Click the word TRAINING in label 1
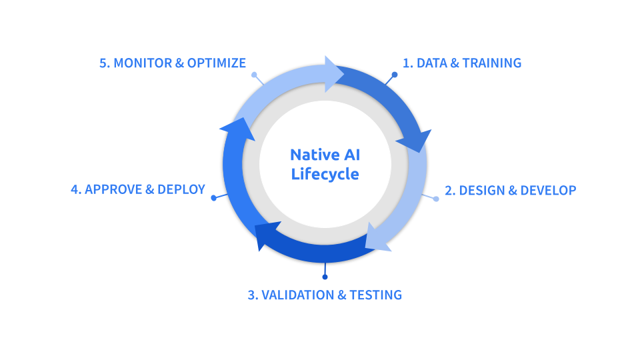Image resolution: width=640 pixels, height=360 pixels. coord(491,63)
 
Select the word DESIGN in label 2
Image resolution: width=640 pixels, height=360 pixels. coord(482,190)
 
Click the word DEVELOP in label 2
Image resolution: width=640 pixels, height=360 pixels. coord(548,190)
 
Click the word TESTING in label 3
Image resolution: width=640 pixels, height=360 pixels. coord(376,295)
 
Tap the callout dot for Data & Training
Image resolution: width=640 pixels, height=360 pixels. coord(395,75)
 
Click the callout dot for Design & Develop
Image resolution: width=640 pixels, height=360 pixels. coord(436,199)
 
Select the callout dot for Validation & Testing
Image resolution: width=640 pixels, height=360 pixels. coord(325,277)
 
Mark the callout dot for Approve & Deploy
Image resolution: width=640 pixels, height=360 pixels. coord(213,198)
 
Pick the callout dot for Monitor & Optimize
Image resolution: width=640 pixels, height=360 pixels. coord(254,75)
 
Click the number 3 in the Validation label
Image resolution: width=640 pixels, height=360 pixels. coord(251,295)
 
